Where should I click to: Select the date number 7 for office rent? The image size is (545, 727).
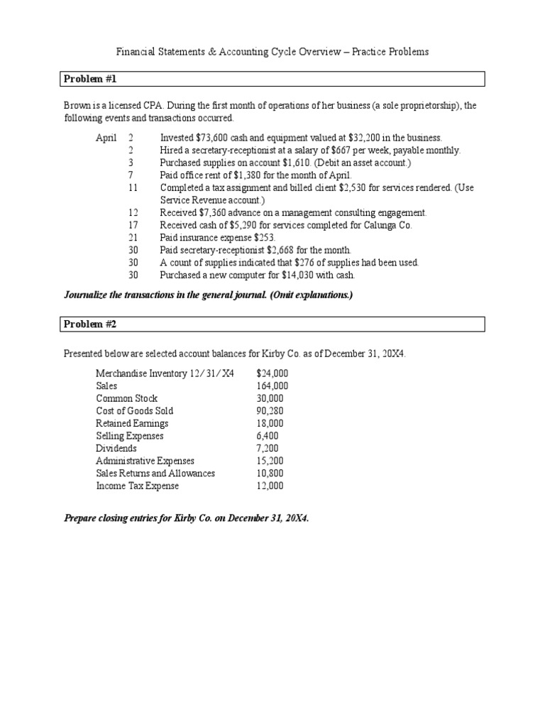pos(131,175)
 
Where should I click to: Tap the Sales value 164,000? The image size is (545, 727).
pos(272,386)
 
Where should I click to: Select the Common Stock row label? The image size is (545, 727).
pos(127,398)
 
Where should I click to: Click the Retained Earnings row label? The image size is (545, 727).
pos(132,423)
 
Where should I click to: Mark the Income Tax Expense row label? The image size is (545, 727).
pos(138,486)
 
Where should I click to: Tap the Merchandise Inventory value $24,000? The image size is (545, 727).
pos(272,373)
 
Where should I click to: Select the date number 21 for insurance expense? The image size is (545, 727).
pos(133,237)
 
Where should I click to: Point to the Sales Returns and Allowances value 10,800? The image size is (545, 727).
pos(270,473)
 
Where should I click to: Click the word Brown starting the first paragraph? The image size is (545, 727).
pos(77,106)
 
